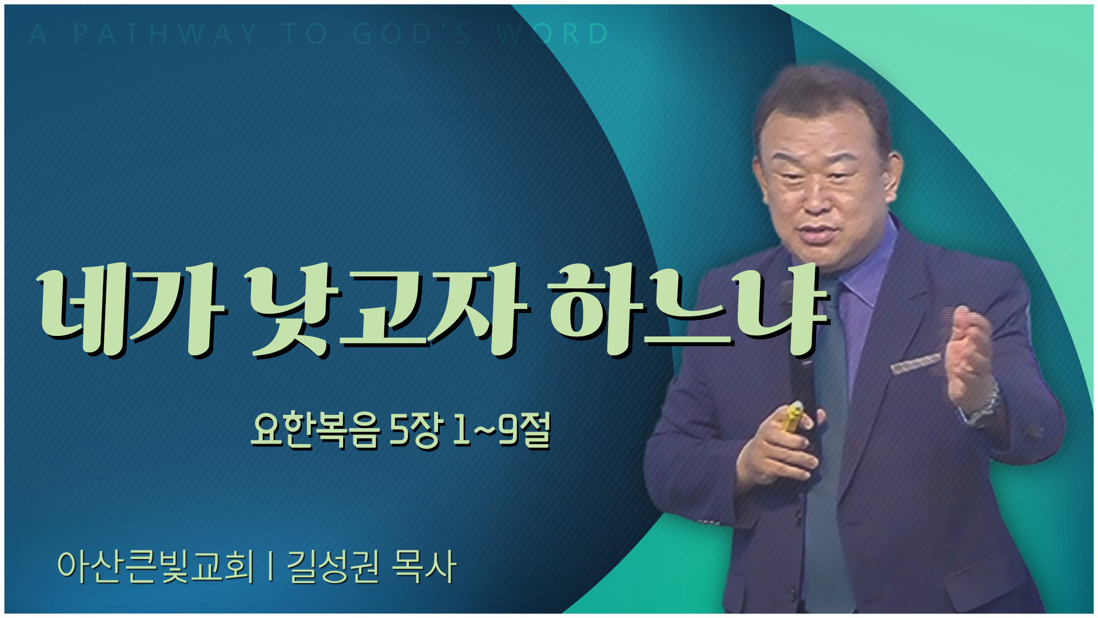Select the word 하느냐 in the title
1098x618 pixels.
pos(689,310)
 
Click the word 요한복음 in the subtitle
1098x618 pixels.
pos(316,430)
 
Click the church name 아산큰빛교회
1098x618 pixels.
pos(155,566)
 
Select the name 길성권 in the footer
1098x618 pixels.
pos(332,566)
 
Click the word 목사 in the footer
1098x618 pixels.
pos(424,566)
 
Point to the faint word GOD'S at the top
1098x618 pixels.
pos(412,34)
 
